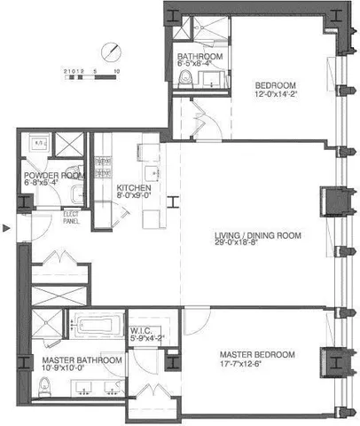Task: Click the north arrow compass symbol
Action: click(x=110, y=51)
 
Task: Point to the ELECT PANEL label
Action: click(x=71, y=217)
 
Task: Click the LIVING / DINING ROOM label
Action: click(x=258, y=235)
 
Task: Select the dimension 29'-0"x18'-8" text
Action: click(x=258, y=246)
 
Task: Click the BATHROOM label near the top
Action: click(x=200, y=55)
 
